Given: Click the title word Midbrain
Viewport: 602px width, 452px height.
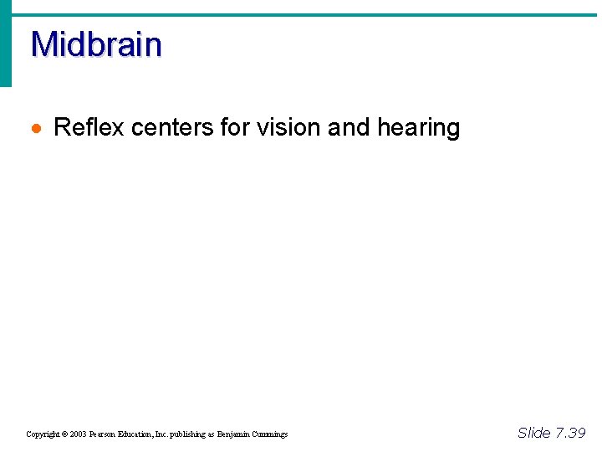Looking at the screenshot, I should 96,44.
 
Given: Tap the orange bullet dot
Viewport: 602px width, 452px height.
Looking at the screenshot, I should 35,129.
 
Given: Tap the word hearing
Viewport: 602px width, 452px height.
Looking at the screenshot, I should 419,128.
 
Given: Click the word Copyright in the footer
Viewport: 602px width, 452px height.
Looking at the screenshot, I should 42,434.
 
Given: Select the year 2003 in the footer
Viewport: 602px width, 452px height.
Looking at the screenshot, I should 77,434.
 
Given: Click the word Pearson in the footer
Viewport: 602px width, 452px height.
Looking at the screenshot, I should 103,434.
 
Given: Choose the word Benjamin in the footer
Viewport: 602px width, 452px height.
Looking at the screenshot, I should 233,434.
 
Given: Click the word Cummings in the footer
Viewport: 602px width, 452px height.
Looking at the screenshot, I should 269,434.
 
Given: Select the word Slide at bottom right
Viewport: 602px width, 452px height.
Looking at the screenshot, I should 534,433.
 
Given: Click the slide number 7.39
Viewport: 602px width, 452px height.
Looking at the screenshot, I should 570,433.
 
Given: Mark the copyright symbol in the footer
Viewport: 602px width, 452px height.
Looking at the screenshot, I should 64,434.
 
